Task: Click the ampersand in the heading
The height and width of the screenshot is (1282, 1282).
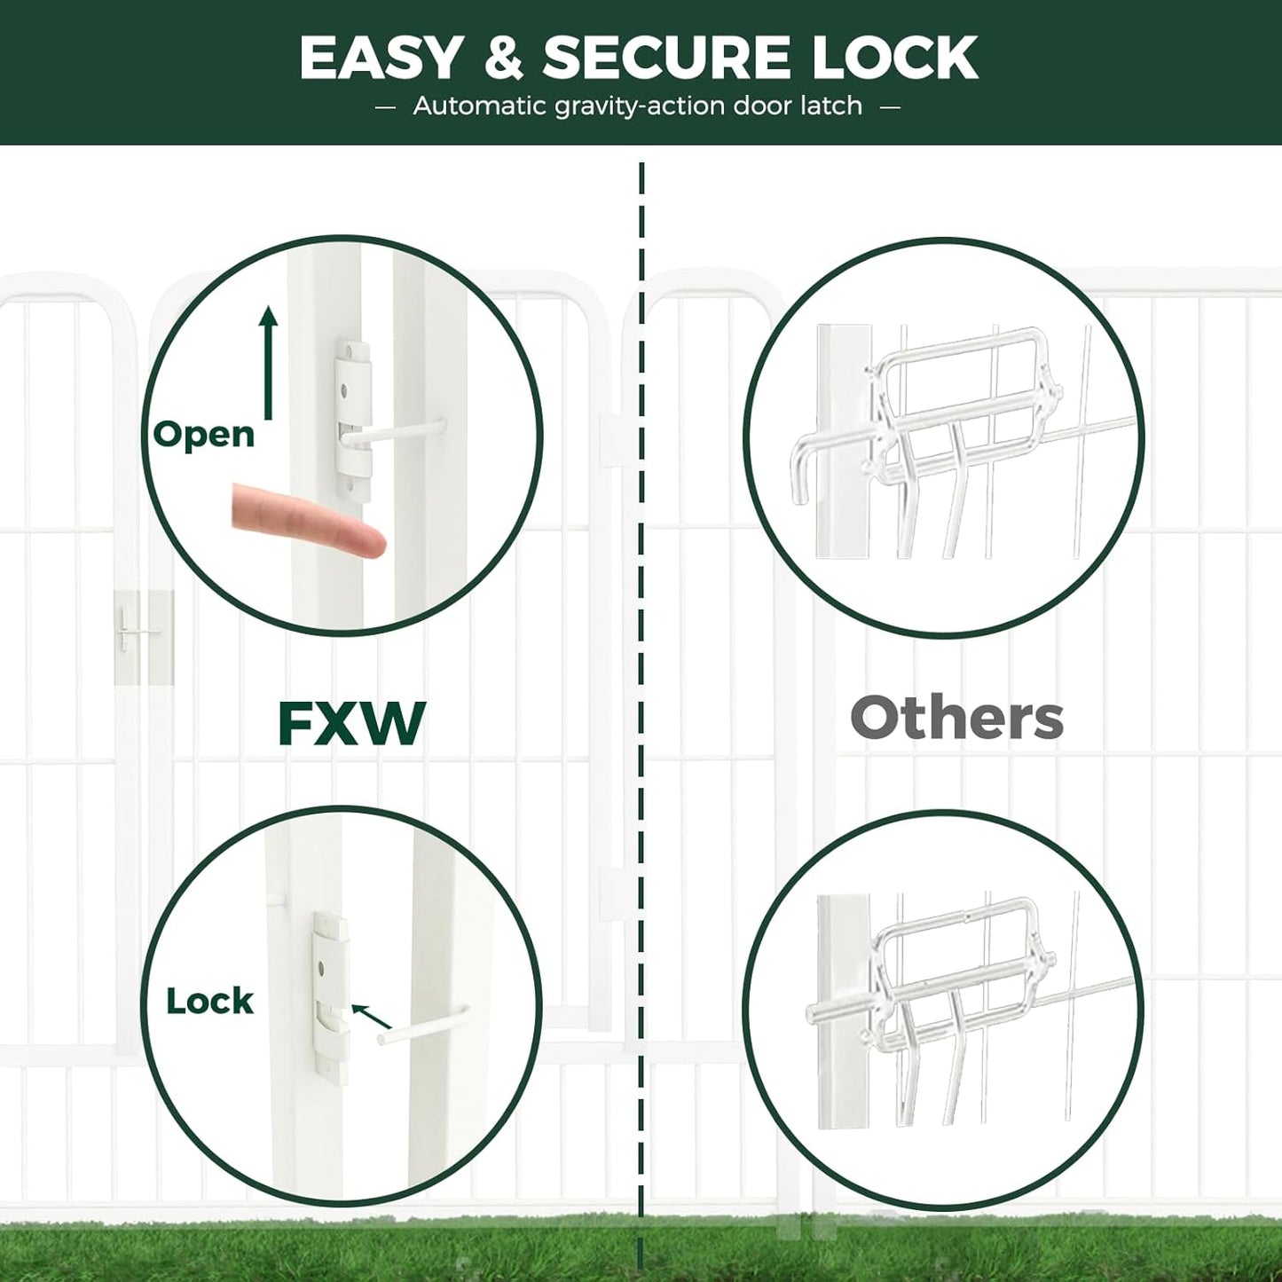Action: click(x=503, y=59)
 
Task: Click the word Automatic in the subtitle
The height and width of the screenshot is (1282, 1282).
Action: click(x=479, y=106)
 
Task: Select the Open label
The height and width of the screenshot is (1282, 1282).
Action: click(x=203, y=435)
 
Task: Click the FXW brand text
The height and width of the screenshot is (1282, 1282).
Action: click(x=351, y=723)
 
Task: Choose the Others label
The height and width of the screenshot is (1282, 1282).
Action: click(x=956, y=718)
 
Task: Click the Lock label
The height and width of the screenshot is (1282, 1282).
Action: click(x=209, y=1002)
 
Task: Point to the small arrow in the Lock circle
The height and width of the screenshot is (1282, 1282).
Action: click(x=370, y=1017)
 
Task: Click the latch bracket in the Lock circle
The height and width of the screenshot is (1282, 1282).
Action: click(x=330, y=994)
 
